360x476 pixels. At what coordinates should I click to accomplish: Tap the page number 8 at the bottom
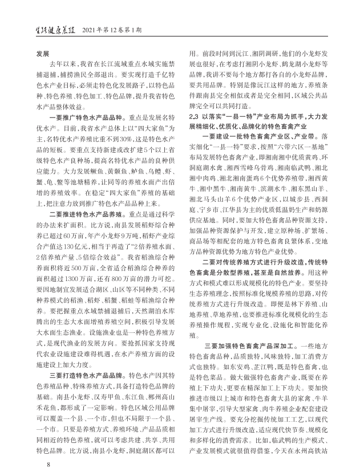tap(50, 464)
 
